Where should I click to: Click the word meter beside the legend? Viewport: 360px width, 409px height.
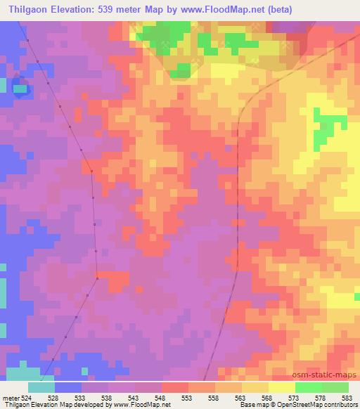click(x=10, y=397)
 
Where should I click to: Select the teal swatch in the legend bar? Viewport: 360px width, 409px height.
click(x=41, y=387)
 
